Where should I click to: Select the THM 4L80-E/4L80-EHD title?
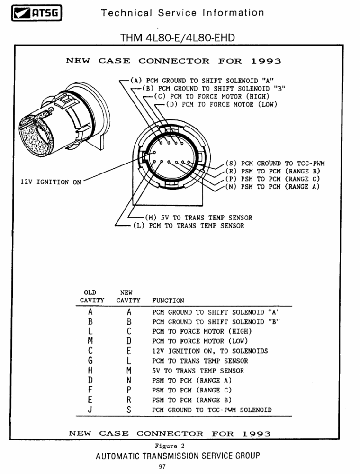coord(178,36)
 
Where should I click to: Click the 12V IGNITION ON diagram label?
coord(51,182)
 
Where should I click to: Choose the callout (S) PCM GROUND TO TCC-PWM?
coord(275,164)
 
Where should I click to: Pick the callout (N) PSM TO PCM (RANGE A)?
coord(272,186)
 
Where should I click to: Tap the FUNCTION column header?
coord(168,301)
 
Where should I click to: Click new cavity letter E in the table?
coord(128,351)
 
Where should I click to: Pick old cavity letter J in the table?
coord(90,410)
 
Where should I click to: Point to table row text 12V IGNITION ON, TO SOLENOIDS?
coord(210,351)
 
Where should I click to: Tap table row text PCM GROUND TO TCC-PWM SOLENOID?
coord(212,410)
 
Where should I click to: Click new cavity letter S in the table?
coord(128,410)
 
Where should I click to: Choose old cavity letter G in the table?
coord(90,361)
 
